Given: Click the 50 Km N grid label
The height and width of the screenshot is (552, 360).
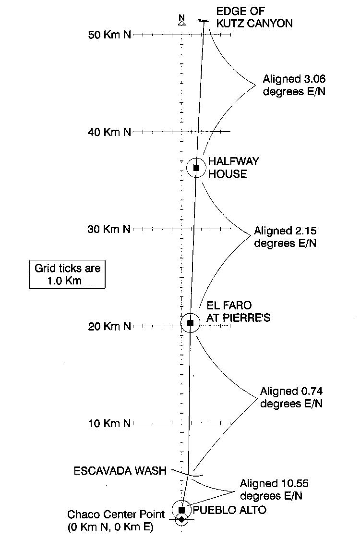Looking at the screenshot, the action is click(x=109, y=35).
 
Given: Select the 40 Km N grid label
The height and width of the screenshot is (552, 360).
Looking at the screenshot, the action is click(x=109, y=132).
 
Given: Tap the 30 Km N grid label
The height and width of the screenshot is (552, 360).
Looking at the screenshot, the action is click(x=109, y=229).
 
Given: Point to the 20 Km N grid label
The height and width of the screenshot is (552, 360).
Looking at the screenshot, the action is click(x=109, y=326).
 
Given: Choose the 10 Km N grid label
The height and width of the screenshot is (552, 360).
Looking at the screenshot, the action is click(x=109, y=423).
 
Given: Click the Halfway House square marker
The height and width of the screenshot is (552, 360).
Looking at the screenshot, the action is click(x=196, y=168).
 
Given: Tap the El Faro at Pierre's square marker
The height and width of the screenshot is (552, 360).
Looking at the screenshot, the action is click(x=191, y=322).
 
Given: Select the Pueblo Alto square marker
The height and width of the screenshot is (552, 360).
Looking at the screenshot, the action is click(x=182, y=510).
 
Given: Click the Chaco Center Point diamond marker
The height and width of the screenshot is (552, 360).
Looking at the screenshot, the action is click(x=181, y=519).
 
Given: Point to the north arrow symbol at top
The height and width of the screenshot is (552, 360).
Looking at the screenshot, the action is click(x=181, y=21).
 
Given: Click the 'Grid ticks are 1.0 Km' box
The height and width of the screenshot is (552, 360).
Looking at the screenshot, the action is click(x=67, y=274).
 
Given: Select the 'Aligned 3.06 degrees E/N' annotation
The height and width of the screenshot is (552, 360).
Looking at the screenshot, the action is click(x=294, y=85).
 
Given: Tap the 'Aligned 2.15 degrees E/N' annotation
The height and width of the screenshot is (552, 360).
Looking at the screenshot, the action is click(x=285, y=237).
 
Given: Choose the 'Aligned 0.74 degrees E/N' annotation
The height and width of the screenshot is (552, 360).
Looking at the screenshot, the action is click(x=291, y=397).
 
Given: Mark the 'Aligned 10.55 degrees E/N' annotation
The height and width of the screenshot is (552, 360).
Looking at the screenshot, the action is click(x=274, y=490).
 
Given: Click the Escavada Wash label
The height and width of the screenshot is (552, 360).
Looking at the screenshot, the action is click(x=120, y=471).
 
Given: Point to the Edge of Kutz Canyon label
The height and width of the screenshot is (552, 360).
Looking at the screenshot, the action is click(x=254, y=17).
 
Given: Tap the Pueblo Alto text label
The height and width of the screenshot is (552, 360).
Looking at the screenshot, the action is click(x=229, y=510).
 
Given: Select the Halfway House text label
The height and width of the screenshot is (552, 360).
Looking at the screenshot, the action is click(x=233, y=168).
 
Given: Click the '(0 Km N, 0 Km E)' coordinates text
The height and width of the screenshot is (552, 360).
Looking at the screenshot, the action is click(x=110, y=527).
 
